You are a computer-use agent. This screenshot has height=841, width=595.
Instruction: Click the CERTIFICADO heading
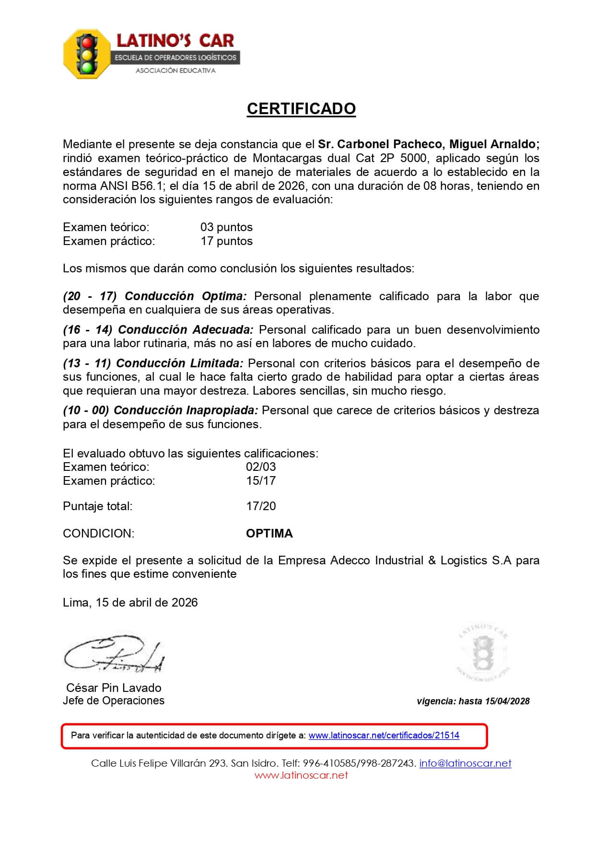click(301, 109)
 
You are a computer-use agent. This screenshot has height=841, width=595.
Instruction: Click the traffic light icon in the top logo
click(87, 54)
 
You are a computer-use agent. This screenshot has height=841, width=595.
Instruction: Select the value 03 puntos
click(226, 227)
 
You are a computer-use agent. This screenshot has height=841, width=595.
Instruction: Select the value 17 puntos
click(226, 241)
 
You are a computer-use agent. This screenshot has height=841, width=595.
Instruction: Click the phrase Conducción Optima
click(186, 296)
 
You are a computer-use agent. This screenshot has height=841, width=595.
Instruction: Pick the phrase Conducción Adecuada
click(186, 329)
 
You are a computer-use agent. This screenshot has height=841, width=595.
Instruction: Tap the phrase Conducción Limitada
click(180, 363)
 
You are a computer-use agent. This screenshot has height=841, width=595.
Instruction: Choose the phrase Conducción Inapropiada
click(186, 410)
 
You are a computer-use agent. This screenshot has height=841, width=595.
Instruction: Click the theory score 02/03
click(261, 467)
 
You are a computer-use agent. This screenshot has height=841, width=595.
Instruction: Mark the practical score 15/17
click(261, 480)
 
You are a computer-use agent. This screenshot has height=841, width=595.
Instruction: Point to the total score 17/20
click(261, 506)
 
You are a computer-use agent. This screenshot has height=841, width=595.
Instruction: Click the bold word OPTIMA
click(269, 533)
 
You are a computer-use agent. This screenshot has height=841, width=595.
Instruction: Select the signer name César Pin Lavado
click(114, 688)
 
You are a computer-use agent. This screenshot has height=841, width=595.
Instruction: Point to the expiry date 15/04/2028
click(507, 701)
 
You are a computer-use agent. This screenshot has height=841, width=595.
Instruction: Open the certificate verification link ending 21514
click(384, 735)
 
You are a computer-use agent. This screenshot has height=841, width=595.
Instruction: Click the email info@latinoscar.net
click(465, 763)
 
